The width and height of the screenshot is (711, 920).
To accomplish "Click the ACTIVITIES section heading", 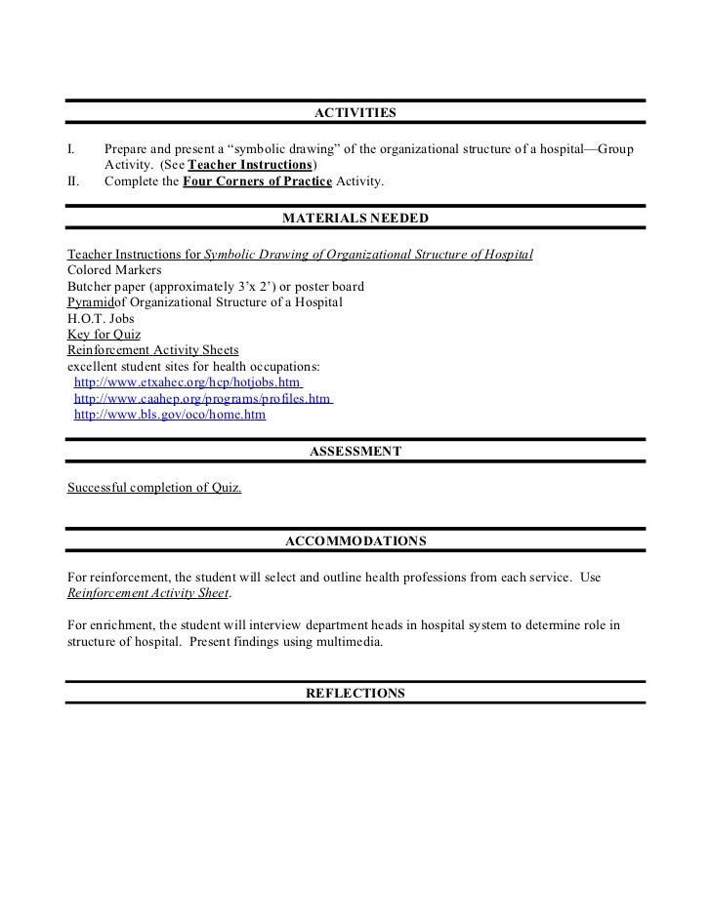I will tap(355, 114).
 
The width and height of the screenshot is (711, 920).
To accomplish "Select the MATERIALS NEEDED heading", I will tap(355, 218).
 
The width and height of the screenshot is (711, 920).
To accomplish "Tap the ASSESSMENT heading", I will tap(355, 451).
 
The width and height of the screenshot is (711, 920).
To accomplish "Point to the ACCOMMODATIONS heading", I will tap(355, 540).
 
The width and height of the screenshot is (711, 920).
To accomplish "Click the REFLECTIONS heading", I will tap(355, 693).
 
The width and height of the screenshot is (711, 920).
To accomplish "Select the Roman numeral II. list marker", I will tap(73, 181).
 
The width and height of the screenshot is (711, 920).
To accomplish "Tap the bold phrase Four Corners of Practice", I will tap(258, 181).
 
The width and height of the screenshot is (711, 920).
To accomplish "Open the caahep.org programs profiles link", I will tap(203, 399).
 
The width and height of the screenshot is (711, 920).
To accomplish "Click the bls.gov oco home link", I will tap(169, 415).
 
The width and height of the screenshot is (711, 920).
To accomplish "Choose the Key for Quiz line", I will tap(104, 334).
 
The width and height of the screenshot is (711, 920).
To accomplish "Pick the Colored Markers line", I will tap(114, 270).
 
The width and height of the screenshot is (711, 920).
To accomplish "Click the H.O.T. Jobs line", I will tap(101, 318).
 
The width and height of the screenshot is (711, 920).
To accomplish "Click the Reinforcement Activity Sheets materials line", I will tap(152, 349).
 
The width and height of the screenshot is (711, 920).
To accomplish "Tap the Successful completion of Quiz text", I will tap(154, 487).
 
